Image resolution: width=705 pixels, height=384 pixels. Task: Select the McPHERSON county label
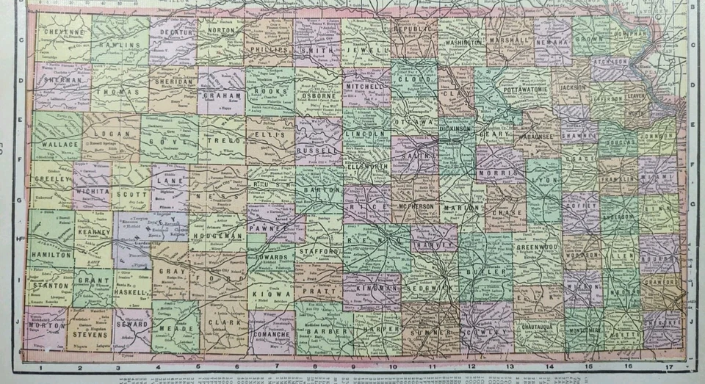(x=416, y=207)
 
